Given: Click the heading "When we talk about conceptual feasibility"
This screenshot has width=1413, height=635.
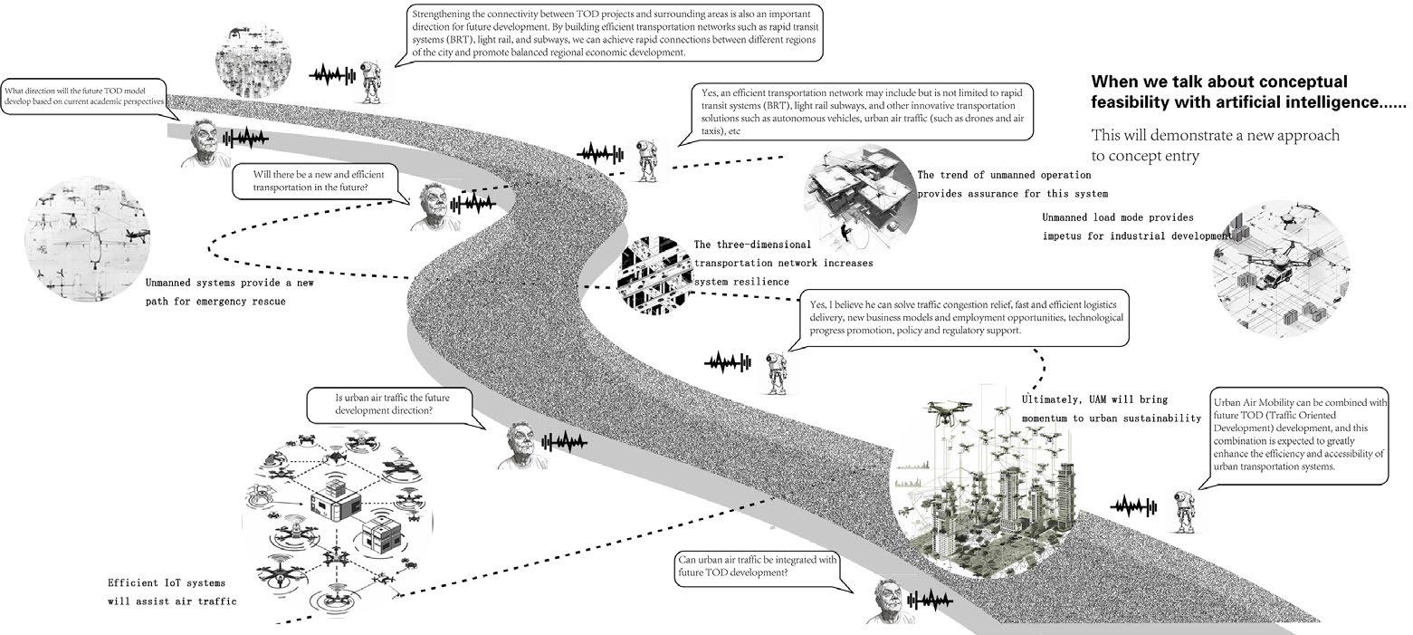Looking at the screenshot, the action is (1249, 91).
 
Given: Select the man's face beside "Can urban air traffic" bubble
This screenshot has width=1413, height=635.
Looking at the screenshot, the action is (888, 601).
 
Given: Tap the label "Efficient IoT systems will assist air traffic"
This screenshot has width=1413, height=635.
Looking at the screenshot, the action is (172, 592).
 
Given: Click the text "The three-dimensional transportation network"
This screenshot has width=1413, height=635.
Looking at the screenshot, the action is (783, 263).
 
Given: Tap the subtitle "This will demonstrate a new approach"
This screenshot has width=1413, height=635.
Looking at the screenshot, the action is (1215, 145).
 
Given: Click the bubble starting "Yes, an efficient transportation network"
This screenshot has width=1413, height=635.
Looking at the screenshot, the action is (861, 111).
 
